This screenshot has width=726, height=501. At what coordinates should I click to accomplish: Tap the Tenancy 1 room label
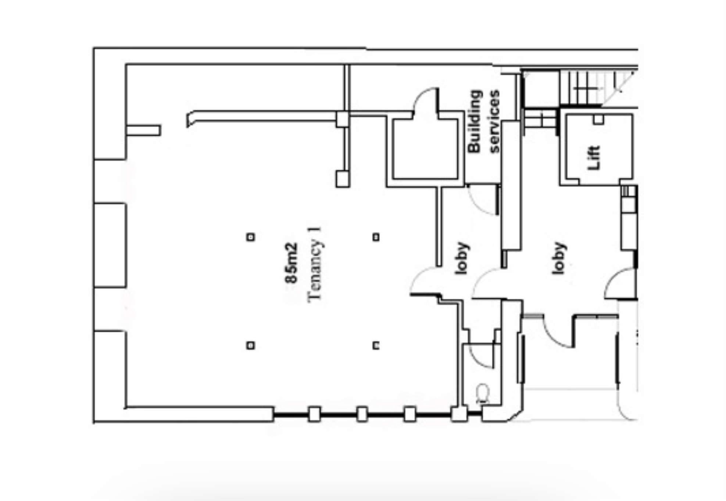(x=315, y=265)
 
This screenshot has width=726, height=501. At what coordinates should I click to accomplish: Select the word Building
(x=475, y=121)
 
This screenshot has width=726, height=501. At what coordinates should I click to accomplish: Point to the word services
(x=494, y=121)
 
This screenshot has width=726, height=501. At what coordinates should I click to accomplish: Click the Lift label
(x=594, y=158)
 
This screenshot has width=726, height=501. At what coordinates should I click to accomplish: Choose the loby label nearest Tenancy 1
(x=461, y=258)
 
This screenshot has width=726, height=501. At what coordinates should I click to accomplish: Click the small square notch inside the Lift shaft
(x=598, y=120)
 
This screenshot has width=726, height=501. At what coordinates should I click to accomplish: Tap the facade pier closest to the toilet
(x=459, y=414)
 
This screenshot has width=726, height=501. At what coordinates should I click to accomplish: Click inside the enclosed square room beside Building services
(x=425, y=149)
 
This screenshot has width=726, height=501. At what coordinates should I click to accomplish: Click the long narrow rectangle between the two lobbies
(x=511, y=186)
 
